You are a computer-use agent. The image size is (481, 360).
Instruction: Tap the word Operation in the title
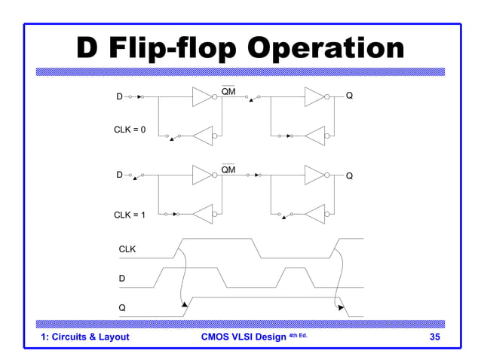(326, 49)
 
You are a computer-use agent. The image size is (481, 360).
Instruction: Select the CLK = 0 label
(130, 130)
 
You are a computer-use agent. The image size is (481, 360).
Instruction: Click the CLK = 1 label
(130, 215)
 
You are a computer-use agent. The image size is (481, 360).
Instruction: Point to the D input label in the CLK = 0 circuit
(119, 97)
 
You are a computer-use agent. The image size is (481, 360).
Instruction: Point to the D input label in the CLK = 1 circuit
(119, 175)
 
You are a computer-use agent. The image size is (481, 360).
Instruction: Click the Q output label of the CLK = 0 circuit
(349, 96)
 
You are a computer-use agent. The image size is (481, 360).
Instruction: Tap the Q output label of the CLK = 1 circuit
(349, 175)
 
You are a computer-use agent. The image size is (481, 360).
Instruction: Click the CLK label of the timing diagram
(127, 249)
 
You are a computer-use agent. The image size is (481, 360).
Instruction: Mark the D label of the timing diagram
(122, 279)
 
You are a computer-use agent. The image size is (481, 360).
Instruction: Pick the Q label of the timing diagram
(122, 307)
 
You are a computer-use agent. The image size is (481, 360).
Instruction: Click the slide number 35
(434, 337)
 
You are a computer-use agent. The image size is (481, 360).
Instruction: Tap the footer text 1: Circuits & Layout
(85, 337)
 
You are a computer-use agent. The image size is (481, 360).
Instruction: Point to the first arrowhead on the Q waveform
(184, 304)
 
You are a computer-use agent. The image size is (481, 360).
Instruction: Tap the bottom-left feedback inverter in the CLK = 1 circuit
(204, 215)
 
